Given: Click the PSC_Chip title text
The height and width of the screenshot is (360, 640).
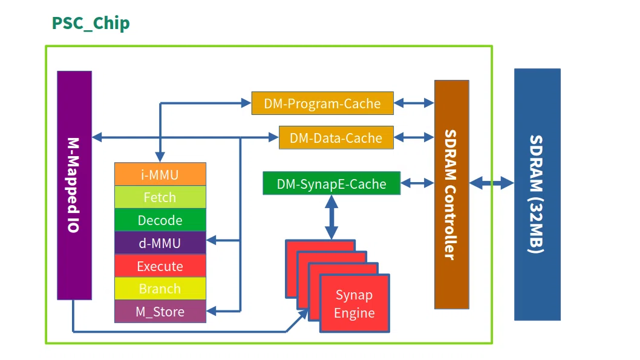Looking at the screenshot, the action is (x=91, y=23).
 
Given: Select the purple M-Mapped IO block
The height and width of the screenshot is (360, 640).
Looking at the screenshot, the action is (x=74, y=185).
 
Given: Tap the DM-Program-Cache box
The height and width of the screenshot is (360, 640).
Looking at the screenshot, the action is (x=322, y=103).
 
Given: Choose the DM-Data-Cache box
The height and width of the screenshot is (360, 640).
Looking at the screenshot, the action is (x=336, y=137).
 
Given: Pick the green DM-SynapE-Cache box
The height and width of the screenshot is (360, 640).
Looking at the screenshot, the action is (x=331, y=183).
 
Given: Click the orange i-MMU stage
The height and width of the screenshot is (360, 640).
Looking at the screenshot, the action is (x=160, y=174).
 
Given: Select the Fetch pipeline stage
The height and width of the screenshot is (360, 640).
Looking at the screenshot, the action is (x=160, y=197).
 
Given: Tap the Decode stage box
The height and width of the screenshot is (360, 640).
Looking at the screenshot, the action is (x=160, y=220).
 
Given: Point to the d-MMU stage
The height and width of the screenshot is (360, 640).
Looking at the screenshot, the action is (x=160, y=243).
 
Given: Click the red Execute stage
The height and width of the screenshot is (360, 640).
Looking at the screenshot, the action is (x=160, y=266).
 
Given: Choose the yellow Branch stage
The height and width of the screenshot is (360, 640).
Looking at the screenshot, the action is (x=160, y=289).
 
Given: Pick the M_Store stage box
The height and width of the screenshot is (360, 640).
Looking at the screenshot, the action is (x=160, y=312).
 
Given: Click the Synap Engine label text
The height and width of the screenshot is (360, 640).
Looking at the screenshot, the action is (x=354, y=304).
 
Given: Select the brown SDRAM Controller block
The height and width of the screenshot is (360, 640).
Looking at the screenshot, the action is (x=452, y=195).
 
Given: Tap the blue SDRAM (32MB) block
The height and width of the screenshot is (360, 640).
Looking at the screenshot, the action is (x=537, y=194).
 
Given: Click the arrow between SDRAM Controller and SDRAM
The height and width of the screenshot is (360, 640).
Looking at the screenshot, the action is (x=491, y=183).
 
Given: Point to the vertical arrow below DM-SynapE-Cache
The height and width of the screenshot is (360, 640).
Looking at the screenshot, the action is (x=331, y=217).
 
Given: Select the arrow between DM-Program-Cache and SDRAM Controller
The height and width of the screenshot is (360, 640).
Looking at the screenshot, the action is (x=414, y=103).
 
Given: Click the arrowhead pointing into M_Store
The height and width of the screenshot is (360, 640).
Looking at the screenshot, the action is (x=211, y=312).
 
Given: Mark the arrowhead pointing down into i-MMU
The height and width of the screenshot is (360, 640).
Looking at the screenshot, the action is (x=160, y=157).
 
